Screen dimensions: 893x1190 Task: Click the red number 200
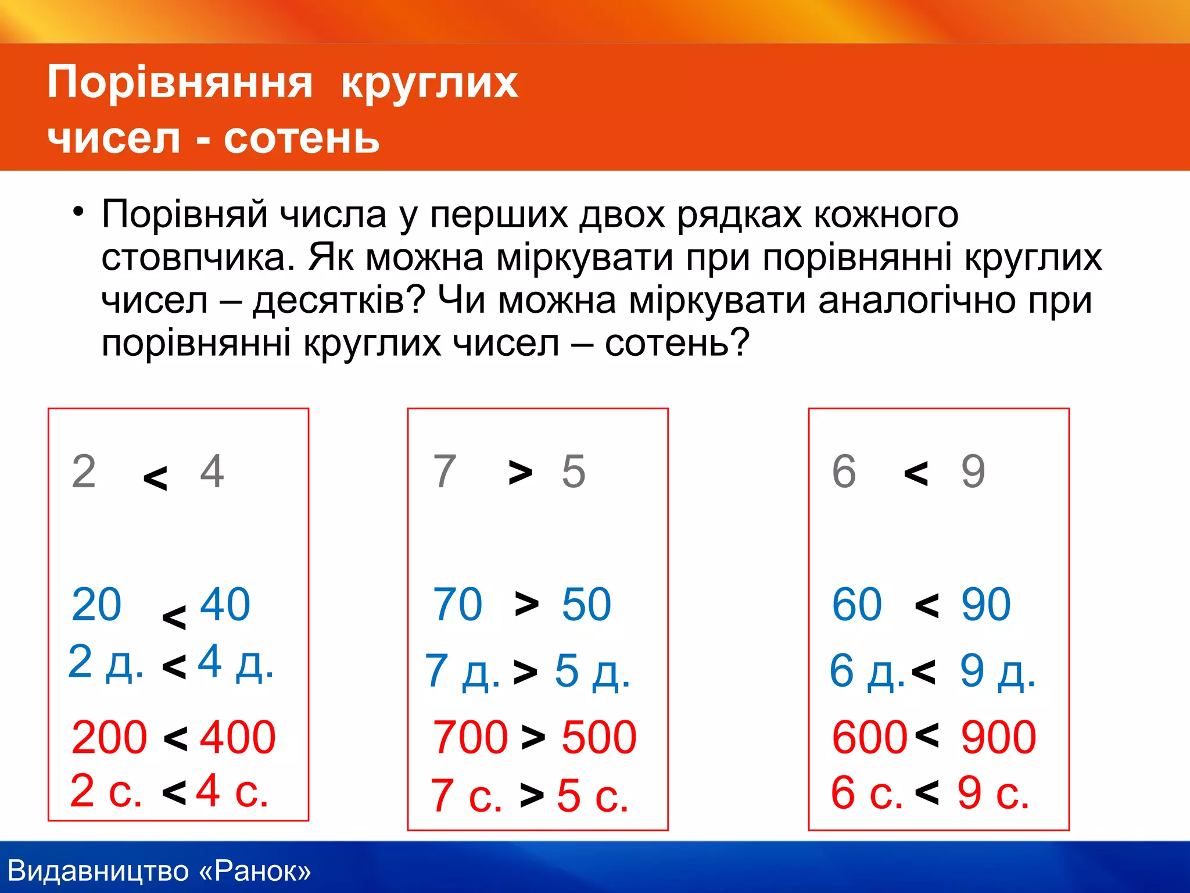[109, 737]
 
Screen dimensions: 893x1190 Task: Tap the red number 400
[238, 737]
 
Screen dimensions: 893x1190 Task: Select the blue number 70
[457, 605]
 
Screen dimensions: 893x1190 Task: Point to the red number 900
[998, 737]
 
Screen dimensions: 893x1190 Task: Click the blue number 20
[96, 605]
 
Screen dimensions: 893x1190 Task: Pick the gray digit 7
[445, 471]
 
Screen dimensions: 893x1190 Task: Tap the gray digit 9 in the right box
[973, 471]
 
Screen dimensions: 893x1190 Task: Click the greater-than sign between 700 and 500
[533, 737]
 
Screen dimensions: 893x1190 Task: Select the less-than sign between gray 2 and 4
[155, 478]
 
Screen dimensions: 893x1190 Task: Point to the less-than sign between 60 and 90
[927, 606]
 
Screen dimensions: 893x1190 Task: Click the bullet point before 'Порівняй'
[78, 212]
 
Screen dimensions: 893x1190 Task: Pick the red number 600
[869, 737]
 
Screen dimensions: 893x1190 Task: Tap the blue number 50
[586, 605]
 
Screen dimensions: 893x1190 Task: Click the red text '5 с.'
[593, 795]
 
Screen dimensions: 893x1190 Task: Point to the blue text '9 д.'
[998, 671]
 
